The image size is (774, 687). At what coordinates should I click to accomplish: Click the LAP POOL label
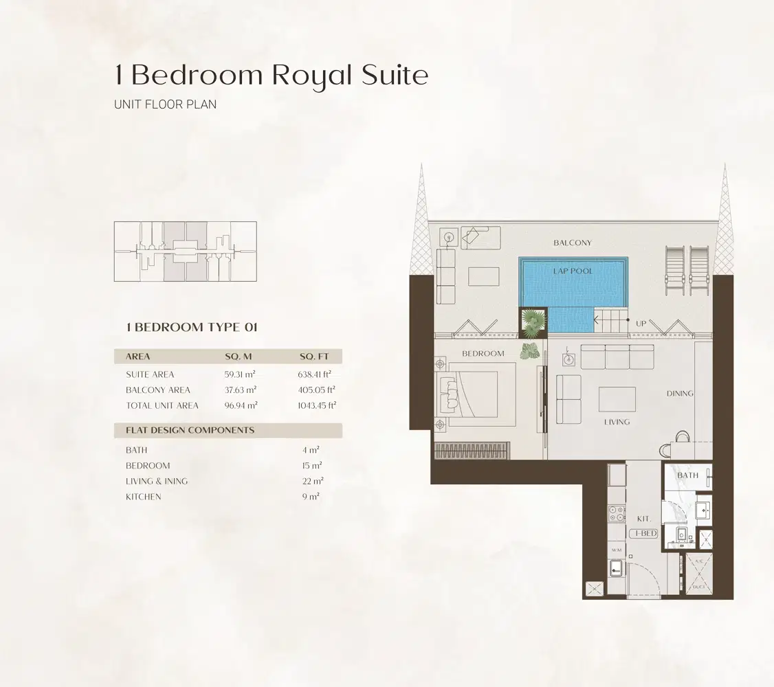click(573, 271)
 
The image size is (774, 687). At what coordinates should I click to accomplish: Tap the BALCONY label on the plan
click(572, 243)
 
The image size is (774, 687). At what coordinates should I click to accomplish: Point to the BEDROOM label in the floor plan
click(483, 354)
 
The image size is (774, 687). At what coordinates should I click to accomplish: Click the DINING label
click(680, 394)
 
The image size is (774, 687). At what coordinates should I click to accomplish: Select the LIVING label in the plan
click(616, 422)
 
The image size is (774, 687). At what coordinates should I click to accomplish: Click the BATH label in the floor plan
click(687, 475)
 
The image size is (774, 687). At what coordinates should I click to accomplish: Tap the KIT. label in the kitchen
click(643, 519)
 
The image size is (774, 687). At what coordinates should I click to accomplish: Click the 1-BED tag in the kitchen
click(643, 534)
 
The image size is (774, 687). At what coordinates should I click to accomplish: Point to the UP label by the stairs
click(641, 323)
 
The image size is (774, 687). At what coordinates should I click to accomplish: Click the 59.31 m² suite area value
click(241, 374)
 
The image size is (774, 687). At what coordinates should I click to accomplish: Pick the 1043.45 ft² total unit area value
click(313, 405)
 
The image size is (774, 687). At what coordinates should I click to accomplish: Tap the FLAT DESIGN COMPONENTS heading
click(190, 430)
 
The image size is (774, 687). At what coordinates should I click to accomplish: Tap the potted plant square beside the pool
click(532, 321)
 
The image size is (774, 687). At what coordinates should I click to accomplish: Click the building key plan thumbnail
click(185, 251)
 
